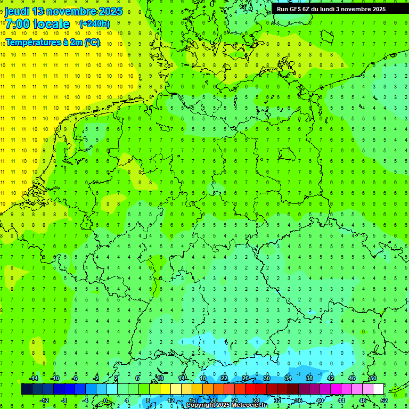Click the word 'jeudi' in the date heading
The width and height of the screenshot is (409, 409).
[x=17, y=11]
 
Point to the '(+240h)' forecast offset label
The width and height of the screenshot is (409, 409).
[x=95, y=23]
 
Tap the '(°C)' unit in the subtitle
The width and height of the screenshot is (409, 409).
[x=92, y=43]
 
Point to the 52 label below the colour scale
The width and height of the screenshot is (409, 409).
[x=384, y=400]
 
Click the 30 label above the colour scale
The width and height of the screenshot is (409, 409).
[x=266, y=378]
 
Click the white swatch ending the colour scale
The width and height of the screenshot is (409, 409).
[x=379, y=389]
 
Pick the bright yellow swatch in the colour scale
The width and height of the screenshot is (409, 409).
[x=166, y=389]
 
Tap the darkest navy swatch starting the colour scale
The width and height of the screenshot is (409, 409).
[x=27, y=389]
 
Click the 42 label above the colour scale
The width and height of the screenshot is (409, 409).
[x=330, y=378]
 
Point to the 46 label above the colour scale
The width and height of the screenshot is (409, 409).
[x=351, y=378]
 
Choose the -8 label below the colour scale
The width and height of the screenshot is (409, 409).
[x=65, y=400]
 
